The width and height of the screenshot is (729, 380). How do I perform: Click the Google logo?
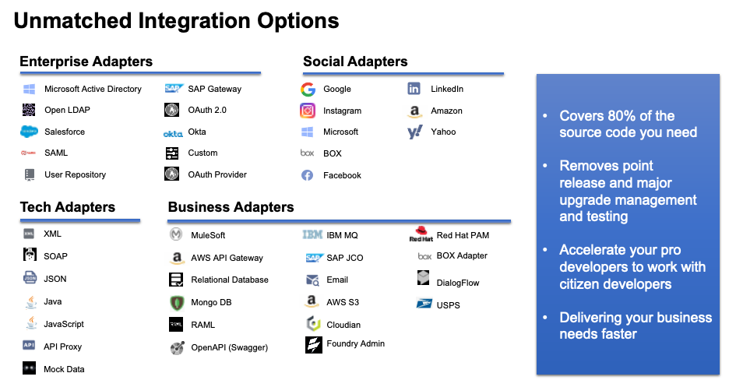[x=308, y=89]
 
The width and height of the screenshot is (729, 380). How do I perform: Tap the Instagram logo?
[x=308, y=111]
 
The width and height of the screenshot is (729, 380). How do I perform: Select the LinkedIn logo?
[x=414, y=89]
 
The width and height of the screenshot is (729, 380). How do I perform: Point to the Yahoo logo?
[x=414, y=132]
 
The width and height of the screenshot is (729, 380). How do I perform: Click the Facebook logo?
[x=307, y=175]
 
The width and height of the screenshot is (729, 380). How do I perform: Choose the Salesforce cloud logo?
[x=29, y=132]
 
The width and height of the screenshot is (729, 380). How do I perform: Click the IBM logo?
[x=312, y=234]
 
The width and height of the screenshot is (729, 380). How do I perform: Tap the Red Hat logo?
[x=421, y=234]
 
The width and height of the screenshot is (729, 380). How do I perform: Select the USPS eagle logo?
[x=424, y=302]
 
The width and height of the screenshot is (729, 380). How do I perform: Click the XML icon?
[x=29, y=234]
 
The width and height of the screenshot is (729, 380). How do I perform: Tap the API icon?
[x=29, y=345]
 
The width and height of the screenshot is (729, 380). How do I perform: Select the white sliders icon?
[x=172, y=153]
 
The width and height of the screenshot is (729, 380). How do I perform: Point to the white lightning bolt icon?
[x=313, y=345]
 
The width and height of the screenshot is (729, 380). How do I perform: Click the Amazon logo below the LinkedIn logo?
[x=414, y=112]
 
